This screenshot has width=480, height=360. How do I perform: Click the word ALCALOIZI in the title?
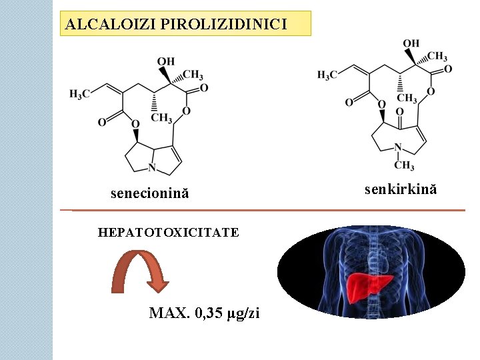pos(99,25)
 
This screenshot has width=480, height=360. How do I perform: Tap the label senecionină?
pos(149,193)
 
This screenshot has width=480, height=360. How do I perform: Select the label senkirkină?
pos(401,189)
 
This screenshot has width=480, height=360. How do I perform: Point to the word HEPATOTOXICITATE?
pos(168,232)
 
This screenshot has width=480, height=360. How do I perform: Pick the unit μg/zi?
pos(244,313)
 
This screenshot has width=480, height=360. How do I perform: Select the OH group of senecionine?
pos(166,62)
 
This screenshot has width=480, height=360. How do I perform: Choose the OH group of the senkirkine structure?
pos(411,44)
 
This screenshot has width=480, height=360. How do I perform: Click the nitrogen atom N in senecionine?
pos(153,167)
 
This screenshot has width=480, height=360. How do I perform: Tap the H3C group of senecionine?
pos(79,95)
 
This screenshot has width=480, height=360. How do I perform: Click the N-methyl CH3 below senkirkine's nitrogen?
pos(403,165)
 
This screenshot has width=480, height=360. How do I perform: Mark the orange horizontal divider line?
pos(267,211)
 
